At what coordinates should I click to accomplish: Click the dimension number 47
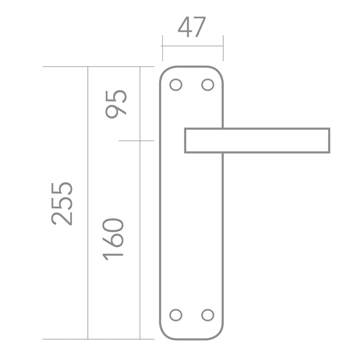click(192, 27)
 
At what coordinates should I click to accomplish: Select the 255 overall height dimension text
click(62, 204)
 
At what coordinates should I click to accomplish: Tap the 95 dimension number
click(116, 105)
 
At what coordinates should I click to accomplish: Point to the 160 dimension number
click(113, 240)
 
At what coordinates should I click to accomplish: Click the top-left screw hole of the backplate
click(176, 85)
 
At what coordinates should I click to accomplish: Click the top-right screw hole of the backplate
click(208, 85)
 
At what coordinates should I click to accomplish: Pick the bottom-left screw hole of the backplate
click(176, 315)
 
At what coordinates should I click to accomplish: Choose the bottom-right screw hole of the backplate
click(208, 315)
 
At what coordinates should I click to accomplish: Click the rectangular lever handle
click(257, 128)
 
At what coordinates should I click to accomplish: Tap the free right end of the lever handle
click(329, 141)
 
